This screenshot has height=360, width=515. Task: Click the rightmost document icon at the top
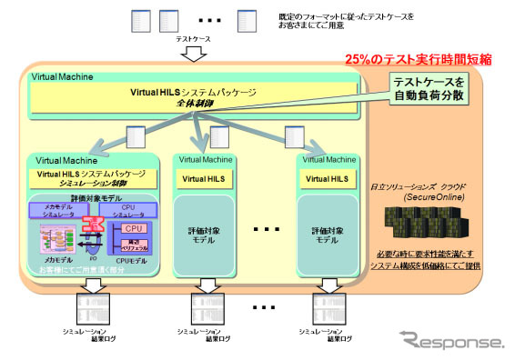pos(246,19)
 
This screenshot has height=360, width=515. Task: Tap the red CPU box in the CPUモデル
pos(134,228)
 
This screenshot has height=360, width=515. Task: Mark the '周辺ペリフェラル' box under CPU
pos(134,244)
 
